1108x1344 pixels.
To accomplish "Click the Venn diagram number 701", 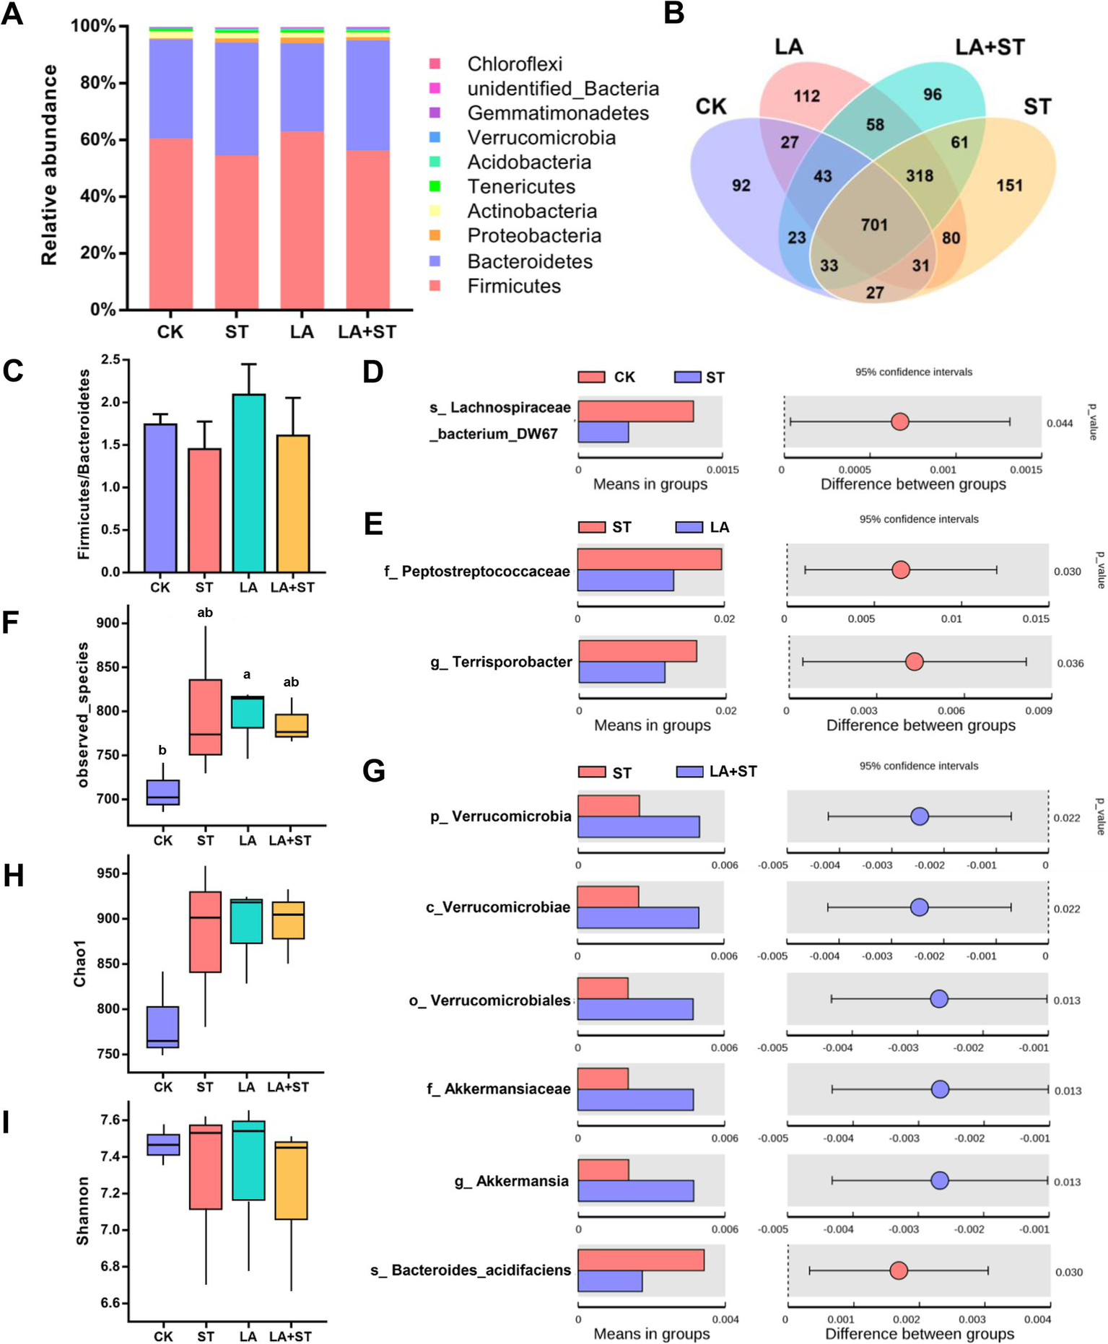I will tap(873, 225).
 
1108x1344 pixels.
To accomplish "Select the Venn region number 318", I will tap(920, 176).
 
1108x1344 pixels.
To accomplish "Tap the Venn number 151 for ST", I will tap(1009, 186).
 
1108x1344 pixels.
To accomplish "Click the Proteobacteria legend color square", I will tap(435, 235).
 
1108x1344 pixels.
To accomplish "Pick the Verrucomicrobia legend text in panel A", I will tap(541, 138).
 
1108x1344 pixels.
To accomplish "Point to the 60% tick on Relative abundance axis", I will tap(123, 139).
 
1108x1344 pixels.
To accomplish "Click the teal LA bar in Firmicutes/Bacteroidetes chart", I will tap(248, 483).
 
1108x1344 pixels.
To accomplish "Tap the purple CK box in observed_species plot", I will tap(163, 792).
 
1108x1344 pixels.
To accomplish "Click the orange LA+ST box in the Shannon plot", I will tap(291, 1180).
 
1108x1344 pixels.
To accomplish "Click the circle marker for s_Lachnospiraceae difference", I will tap(899, 422).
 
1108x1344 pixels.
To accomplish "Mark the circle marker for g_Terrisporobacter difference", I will tap(914, 662).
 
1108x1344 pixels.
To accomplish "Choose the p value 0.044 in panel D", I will tap(1060, 424).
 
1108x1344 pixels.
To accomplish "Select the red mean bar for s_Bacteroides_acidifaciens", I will tap(640, 1260).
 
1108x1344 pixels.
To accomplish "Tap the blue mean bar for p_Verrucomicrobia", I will tap(638, 826).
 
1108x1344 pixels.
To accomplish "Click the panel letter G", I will tap(374, 771).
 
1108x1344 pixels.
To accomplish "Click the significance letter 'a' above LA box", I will tap(247, 675).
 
